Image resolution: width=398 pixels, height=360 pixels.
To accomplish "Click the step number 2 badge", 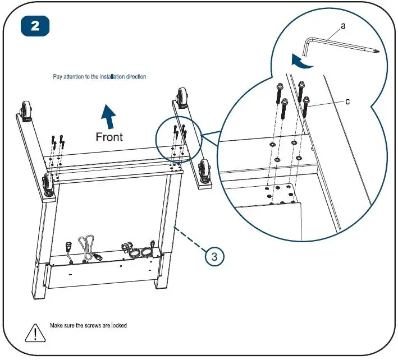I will [x=35, y=27].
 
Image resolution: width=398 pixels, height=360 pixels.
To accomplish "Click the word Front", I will [x=109, y=136].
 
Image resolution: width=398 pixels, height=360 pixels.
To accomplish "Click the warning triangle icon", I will [x=35, y=333].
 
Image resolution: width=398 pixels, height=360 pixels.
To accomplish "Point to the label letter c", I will [x=347, y=101].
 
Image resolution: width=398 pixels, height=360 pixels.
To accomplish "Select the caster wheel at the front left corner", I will [x=48, y=186].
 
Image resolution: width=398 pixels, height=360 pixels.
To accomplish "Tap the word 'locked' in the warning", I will [x=118, y=325].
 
